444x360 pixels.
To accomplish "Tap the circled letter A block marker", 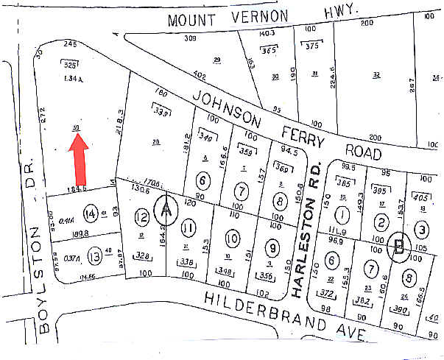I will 166,211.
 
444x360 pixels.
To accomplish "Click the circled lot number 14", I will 91,214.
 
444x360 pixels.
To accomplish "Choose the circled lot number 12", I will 143,217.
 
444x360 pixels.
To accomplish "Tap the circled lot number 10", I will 232,239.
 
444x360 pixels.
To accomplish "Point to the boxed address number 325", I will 71,65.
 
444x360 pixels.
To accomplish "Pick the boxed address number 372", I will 330,294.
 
